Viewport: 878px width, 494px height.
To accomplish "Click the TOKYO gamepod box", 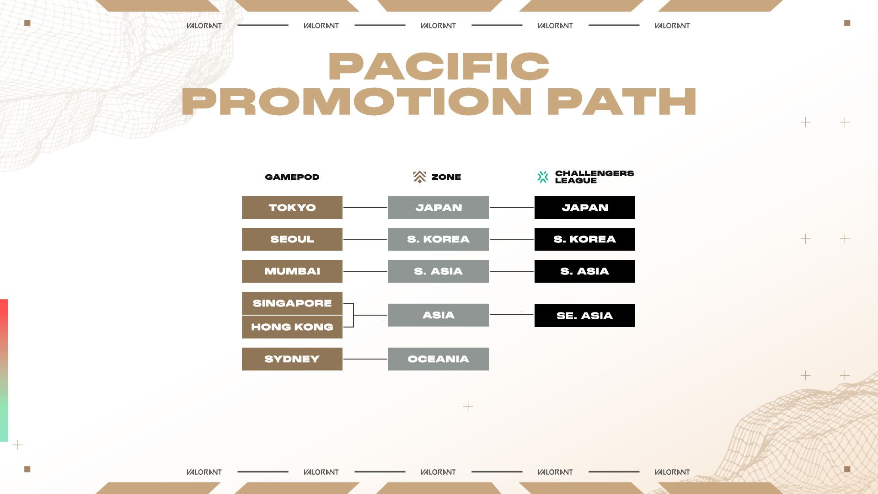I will click(292, 208).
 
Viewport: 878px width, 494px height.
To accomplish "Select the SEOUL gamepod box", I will click(292, 239).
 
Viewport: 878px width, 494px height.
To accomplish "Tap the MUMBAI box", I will click(292, 271).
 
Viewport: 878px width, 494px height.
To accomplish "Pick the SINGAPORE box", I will click(292, 303).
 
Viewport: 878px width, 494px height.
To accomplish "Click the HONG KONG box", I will click(292, 327).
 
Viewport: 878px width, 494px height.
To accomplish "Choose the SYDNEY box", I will click(292, 359).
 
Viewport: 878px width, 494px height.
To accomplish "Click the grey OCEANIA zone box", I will click(438, 359).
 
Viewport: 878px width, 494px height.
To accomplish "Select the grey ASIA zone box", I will click(438, 315).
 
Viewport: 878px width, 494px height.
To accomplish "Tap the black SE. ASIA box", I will click(584, 316).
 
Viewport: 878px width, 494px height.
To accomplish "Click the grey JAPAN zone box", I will click(438, 208).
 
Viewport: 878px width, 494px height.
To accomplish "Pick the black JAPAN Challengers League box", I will click(584, 208).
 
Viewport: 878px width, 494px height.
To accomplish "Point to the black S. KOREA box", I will click(584, 239).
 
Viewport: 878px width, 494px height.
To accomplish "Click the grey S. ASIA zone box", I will click(438, 271).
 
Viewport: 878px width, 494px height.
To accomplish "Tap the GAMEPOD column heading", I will click(292, 177).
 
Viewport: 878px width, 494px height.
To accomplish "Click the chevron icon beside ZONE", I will click(419, 177).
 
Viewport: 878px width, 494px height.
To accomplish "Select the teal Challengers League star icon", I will click(543, 177).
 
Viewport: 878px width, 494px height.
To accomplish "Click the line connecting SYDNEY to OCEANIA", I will click(365, 359).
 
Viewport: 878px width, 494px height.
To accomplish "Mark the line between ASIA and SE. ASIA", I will click(511, 315).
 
